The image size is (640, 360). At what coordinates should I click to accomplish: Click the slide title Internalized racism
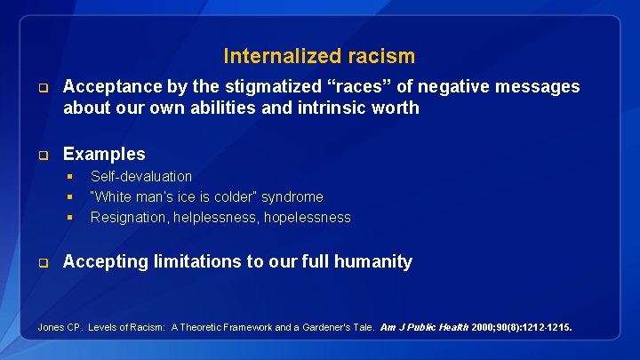click(x=319, y=56)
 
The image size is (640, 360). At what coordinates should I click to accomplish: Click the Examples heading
click(x=104, y=154)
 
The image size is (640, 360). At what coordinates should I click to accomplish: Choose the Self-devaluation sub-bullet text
click(x=141, y=176)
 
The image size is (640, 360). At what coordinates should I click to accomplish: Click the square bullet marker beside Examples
click(x=42, y=155)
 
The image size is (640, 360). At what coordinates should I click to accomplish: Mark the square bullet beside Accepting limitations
click(x=42, y=262)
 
